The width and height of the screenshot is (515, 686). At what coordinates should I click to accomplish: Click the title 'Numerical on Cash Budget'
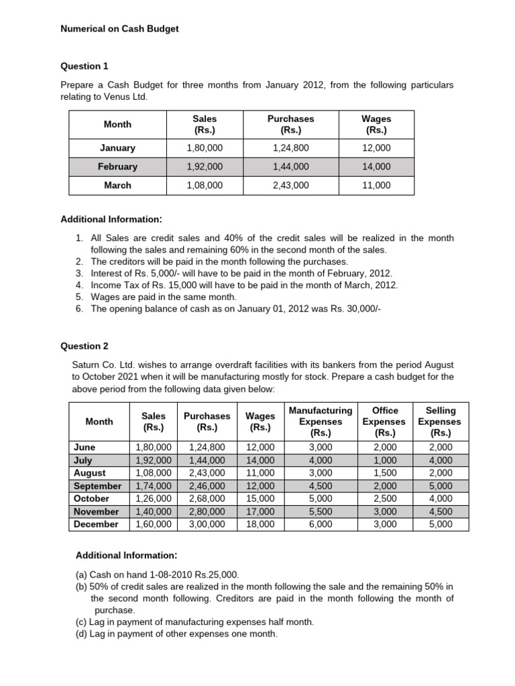119,29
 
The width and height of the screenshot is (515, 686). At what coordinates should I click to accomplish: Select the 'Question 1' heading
84,66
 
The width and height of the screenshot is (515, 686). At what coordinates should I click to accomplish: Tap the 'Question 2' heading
84,346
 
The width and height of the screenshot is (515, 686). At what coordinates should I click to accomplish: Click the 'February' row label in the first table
117,167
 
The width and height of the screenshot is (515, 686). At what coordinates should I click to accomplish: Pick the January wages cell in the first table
376,148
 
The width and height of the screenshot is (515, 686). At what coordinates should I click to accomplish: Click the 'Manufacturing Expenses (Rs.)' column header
320,421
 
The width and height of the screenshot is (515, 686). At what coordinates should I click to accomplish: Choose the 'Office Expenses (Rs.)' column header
384,421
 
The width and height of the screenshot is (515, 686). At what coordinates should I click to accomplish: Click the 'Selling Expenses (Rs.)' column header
440,421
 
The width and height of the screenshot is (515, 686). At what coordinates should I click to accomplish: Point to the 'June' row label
85,448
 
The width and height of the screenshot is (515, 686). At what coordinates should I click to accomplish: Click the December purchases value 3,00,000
207,525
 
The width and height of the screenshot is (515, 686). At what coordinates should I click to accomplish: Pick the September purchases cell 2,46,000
207,486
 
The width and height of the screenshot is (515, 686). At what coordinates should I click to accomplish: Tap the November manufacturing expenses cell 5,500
320,511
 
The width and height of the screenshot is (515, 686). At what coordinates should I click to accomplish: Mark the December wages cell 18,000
260,525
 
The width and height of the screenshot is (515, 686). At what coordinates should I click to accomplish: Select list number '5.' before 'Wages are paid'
79,297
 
